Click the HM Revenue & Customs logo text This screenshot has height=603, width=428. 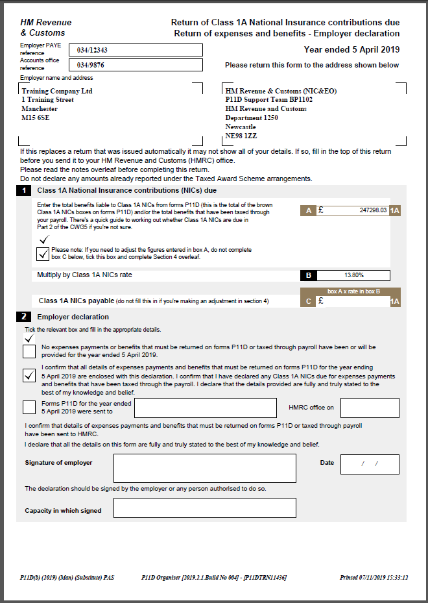(x=46, y=27)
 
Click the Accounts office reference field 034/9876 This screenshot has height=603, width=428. (x=139, y=65)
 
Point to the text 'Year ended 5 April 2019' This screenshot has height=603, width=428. (x=351, y=50)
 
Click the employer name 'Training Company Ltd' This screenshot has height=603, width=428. (x=57, y=91)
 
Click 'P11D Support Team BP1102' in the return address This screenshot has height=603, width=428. (x=268, y=100)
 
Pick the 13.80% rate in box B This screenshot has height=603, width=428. (x=353, y=275)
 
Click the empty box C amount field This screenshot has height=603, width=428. (x=353, y=301)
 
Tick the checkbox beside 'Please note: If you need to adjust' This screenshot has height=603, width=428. (x=43, y=254)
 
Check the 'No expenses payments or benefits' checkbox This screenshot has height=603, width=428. (x=29, y=351)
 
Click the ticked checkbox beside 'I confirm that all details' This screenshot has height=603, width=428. (x=29, y=376)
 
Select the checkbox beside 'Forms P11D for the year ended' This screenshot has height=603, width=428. (x=29, y=407)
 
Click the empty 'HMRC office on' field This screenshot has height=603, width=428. (x=370, y=408)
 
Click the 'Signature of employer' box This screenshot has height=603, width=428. (x=204, y=468)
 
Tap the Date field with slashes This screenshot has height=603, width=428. (x=370, y=464)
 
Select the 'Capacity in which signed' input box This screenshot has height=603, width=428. (x=204, y=508)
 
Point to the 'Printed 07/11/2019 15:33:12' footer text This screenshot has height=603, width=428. (x=374, y=577)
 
